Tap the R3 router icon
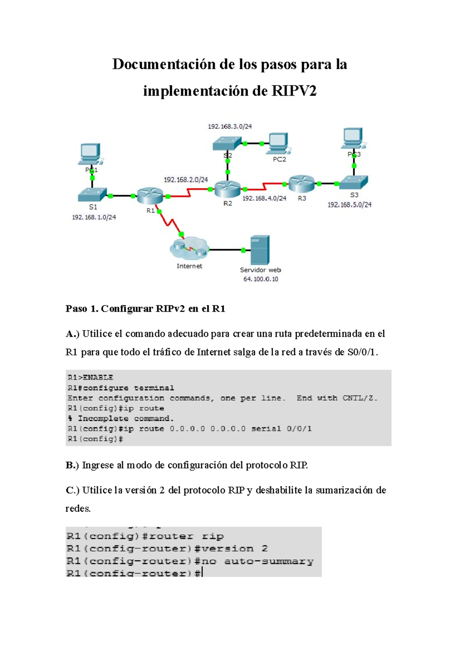click(x=302, y=183)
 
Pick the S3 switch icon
click(x=353, y=182)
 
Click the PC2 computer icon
click(x=278, y=143)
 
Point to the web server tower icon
click(x=260, y=250)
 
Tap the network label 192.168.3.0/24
click(x=230, y=127)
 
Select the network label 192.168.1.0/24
click(x=94, y=217)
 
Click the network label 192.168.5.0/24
click(x=349, y=205)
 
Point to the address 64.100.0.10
click(x=261, y=279)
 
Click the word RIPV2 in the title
click(x=294, y=91)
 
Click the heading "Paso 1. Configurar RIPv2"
click(x=125, y=308)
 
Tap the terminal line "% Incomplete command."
click(x=121, y=419)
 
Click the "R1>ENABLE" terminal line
click(x=90, y=378)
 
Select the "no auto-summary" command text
click(x=257, y=561)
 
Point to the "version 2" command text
click(x=235, y=549)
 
